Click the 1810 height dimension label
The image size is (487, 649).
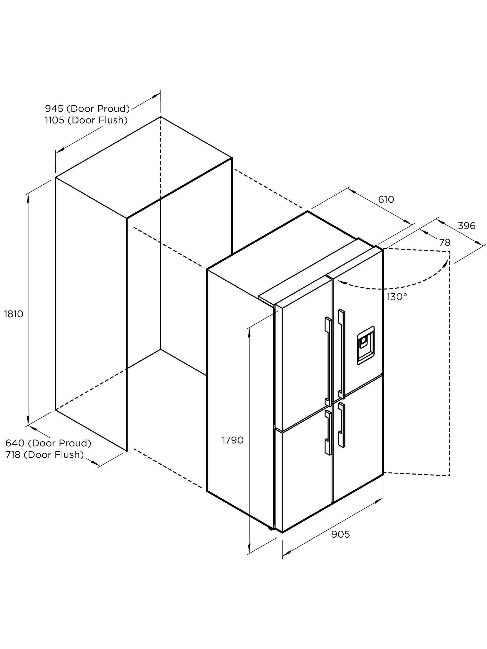(14, 314)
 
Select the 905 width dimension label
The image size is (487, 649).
(341, 534)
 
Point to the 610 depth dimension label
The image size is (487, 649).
(386, 200)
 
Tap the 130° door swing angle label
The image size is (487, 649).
(397, 297)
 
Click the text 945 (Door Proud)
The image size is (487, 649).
(87, 109)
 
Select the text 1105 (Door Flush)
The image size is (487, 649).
(86, 120)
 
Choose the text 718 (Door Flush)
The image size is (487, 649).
(45, 455)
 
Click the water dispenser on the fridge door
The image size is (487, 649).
(365, 345)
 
